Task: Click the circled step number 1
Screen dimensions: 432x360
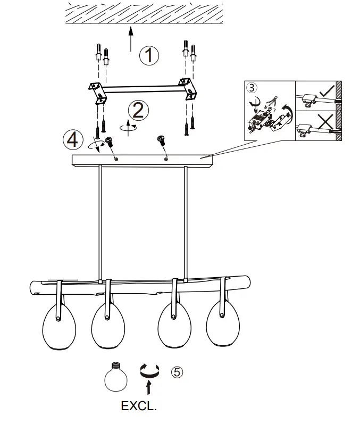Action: tap(149, 55)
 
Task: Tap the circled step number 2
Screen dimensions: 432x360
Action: tap(138, 110)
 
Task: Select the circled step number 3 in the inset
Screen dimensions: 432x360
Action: tap(252, 88)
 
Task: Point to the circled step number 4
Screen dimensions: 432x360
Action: tap(72, 139)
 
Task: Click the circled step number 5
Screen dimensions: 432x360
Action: tap(177, 372)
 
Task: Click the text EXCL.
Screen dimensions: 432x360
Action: tap(139, 407)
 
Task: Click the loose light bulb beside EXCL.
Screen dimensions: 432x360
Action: tap(115, 376)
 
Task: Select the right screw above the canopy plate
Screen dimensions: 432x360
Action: tap(160, 140)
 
